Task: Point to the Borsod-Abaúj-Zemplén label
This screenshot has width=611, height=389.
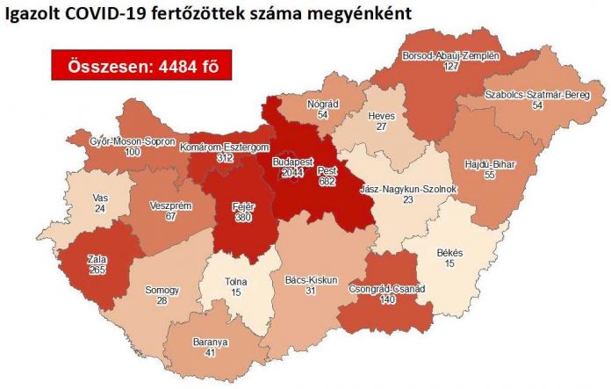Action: [449, 54]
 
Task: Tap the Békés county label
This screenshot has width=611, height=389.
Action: [449, 253]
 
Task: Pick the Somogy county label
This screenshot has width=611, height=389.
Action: [164, 291]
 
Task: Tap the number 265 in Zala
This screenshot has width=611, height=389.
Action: [97, 270]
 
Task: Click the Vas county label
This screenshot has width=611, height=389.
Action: [100, 199]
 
